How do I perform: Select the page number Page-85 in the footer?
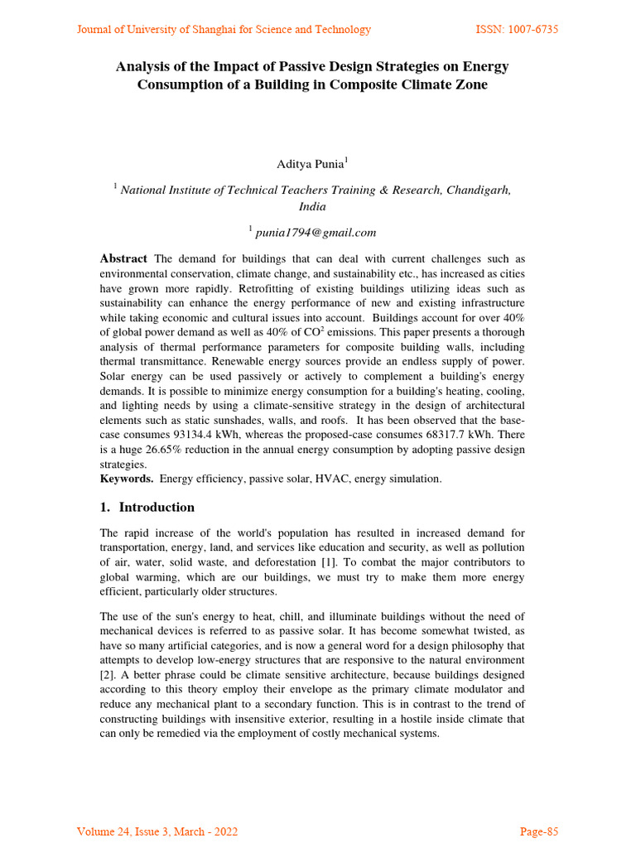538,831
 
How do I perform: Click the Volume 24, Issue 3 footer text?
157,831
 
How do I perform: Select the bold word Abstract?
123,259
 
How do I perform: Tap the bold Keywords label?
126,479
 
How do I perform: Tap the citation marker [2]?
108,675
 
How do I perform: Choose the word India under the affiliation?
312,207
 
